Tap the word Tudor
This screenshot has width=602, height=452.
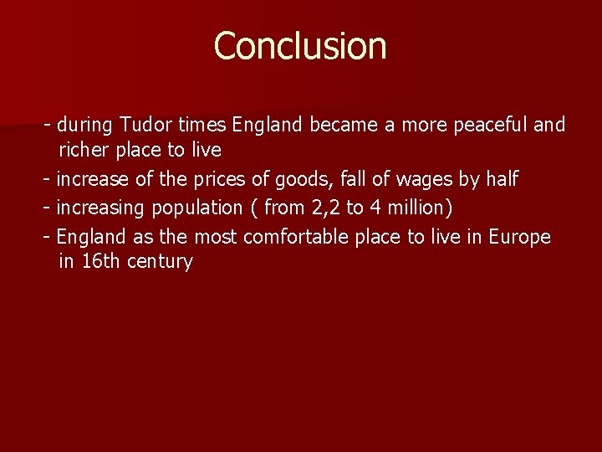tap(146, 126)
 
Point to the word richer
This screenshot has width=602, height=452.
tap(83, 151)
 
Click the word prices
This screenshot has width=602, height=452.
tap(227, 179)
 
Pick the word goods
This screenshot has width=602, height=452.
tap(303, 179)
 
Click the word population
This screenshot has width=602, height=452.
tap(196, 207)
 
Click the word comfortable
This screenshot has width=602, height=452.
tap(296, 237)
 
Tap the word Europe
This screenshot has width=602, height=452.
tap(519, 237)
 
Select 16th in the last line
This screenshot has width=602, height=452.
tap(101, 261)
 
